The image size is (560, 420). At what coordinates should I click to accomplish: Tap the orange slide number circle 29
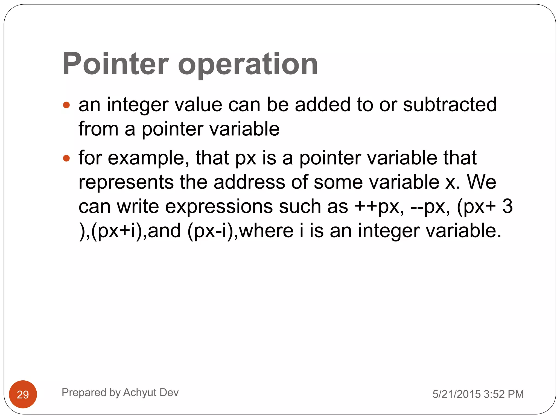pyautogui.click(x=23, y=394)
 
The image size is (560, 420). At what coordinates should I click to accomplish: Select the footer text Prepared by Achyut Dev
pyautogui.click(x=120, y=392)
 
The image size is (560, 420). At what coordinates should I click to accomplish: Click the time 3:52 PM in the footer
pyautogui.click(x=504, y=394)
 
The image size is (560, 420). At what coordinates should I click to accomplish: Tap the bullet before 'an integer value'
pyautogui.click(x=66, y=105)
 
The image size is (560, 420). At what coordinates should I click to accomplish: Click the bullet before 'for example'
pyautogui.click(x=66, y=158)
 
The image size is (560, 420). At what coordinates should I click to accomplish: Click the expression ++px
pyautogui.click(x=379, y=206)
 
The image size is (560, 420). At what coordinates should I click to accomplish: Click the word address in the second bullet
pyautogui.click(x=249, y=182)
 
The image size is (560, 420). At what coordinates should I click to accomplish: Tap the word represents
pyautogui.click(x=126, y=183)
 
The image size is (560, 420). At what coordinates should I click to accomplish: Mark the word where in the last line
pyautogui.click(x=266, y=231)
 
